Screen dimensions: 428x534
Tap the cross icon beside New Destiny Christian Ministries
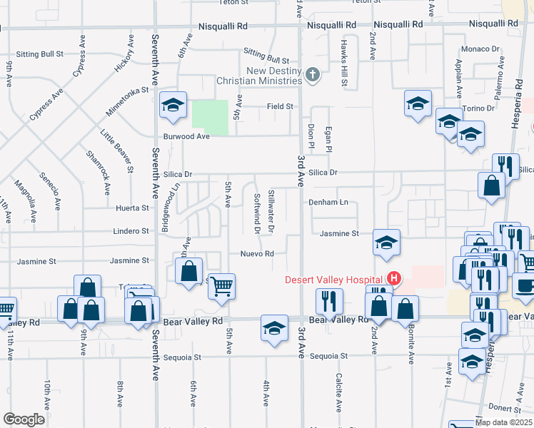tap(312, 73)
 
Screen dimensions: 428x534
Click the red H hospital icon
tap(392, 278)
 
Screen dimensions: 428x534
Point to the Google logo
tap(24, 419)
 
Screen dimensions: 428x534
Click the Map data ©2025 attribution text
tap(500, 422)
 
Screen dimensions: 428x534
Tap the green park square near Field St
tap(210, 117)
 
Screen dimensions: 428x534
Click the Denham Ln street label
tap(328, 203)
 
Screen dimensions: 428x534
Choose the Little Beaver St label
tap(117, 151)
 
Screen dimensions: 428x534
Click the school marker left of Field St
tap(173, 106)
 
